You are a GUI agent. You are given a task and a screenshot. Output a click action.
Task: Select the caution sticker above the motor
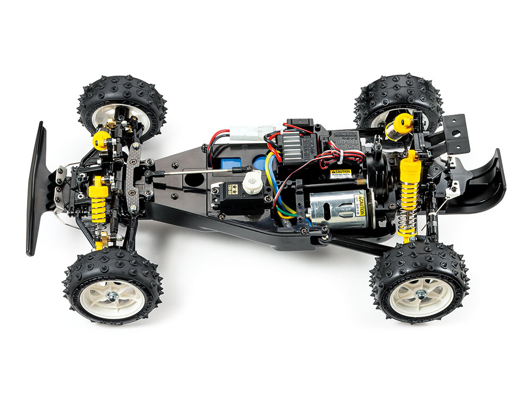(341, 174)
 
